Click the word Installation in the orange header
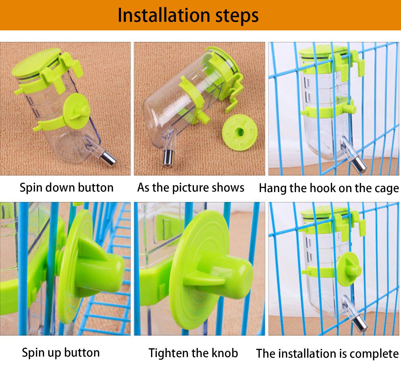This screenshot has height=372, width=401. coord(164,15)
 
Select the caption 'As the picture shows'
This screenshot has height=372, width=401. coord(191,188)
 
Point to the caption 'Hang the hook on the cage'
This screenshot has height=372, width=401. coord(329,188)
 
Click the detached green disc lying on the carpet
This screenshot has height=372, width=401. coord(240,132)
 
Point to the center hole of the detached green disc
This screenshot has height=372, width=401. coord(240,132)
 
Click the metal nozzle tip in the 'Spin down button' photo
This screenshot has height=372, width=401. coord(109,158)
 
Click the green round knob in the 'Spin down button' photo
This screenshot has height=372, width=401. coord(76,111)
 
